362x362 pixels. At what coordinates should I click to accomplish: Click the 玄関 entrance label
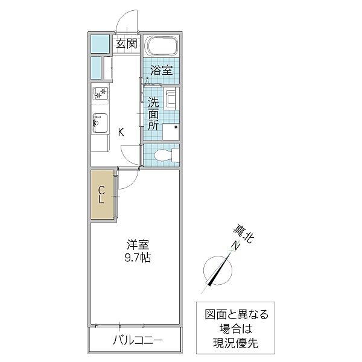(127, 43)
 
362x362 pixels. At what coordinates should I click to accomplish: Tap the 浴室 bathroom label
(161, 71)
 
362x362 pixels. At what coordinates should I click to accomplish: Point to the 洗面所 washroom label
(154, 113)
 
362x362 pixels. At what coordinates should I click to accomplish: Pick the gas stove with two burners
(100, 94)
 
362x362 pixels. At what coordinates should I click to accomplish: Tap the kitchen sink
(100, 123)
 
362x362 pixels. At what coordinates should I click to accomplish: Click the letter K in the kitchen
(121, 133)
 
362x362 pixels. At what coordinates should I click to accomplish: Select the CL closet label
(102, 195)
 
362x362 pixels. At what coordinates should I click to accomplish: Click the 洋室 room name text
(138, 246)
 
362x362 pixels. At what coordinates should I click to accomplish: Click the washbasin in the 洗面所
(171, 100)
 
